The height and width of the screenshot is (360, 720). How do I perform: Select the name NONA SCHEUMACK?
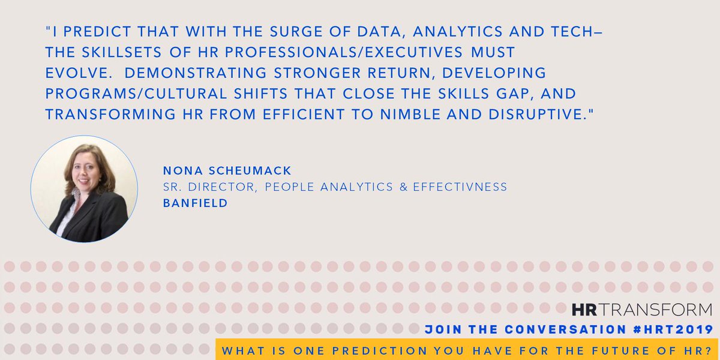(x=227, y=172)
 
